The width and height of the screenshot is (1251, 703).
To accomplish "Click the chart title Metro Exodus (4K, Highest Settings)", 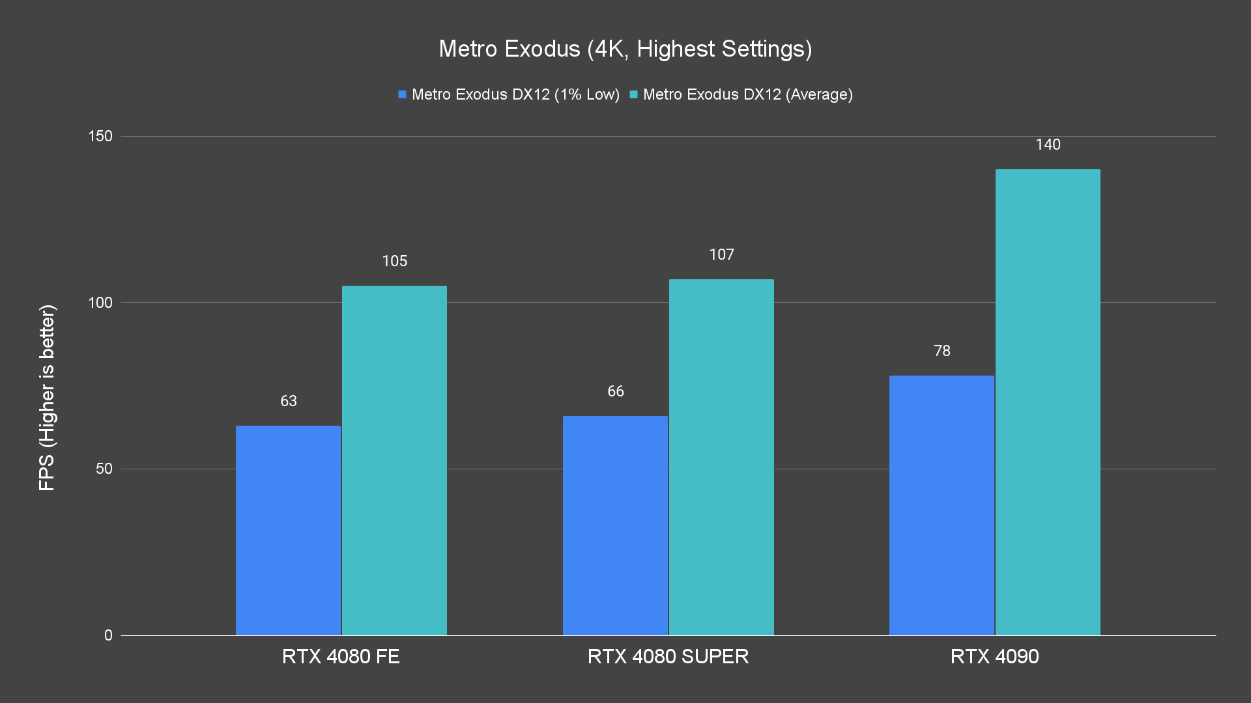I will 625,49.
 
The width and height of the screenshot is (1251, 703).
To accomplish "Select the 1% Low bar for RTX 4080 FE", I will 288,531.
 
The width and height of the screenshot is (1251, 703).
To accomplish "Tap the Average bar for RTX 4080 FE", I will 394,460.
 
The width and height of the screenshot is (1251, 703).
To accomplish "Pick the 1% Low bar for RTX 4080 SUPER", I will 615,525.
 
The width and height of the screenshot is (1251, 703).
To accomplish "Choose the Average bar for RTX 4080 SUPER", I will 721,457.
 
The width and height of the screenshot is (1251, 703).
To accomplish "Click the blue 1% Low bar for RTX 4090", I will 942,505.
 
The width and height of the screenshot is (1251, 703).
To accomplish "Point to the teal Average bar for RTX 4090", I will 1048,402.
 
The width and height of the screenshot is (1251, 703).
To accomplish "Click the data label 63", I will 289,401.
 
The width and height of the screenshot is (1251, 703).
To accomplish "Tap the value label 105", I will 394,261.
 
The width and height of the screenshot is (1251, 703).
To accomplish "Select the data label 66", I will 616,391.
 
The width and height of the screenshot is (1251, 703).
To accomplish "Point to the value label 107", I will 721,255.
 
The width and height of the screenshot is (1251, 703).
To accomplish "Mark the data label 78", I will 942,351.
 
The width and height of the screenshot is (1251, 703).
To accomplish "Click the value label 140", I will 1048,145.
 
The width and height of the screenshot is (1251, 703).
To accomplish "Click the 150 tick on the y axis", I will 100,136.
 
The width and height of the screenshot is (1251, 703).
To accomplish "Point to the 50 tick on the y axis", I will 104,469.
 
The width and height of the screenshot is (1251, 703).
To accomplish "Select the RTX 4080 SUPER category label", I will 668,656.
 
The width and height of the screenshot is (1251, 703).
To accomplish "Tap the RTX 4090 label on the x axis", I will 994,656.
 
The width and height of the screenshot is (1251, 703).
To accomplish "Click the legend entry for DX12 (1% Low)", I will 509,94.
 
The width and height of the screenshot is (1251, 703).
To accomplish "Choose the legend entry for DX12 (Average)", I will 741,94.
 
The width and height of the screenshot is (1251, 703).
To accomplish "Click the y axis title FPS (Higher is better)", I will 47,397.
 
